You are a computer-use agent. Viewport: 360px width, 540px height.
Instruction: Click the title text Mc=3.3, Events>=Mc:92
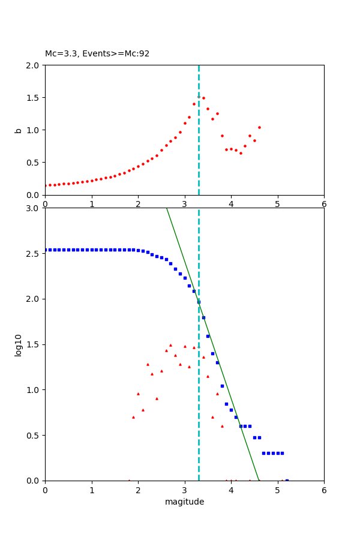pyautogui.click(x=97, y=54)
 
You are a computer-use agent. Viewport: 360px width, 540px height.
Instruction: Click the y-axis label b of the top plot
pyautogui.click(x=19, y=130)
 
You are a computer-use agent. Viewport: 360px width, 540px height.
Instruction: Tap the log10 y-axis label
pyautogui.click(x=19, y=344)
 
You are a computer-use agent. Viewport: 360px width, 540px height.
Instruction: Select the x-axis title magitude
pyautogui.click(x=184, y=502)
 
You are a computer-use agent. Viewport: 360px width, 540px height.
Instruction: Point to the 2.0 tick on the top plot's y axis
pyautogui.click(x=34, y=65)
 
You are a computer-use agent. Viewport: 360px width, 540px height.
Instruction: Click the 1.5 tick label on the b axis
pyautogui.click(x=34, y=98)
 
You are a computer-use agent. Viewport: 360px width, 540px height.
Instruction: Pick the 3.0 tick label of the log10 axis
pyautogui.click(x=34, y=208)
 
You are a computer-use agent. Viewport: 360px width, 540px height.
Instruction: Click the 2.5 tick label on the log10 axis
pyautogui.click(x=34, y=254)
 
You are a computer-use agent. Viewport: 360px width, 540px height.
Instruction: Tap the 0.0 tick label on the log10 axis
pyautogui.click(x=34, y=481)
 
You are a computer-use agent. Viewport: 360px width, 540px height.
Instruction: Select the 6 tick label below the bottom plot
pyautogui.click(x=324, y=490)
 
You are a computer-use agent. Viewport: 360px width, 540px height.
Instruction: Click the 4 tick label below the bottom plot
pyautogui.click(x=231, y=490)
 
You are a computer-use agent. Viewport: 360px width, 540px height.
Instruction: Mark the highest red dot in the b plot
pyautogui.click(x=199, y=97)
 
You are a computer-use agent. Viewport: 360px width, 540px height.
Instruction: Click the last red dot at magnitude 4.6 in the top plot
pyautogui.click(x=259, y=127)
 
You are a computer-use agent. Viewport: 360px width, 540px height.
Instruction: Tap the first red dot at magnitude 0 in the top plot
pyautogui.click(x=45, y=185)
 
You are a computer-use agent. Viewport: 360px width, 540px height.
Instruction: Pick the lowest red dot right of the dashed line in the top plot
pyautogui.click(x=241, y=153)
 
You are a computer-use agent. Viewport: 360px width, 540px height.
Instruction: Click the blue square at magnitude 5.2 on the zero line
pyautogui.click(x=287, y=481)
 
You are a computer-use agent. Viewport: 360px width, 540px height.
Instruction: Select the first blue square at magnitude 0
pyautogui.click(x=46, y=250)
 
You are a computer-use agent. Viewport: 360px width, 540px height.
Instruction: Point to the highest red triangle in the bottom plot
pyautogui.click(x=170, y=345)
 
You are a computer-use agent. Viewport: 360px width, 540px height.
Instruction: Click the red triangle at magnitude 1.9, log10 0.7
pyautogui.click(x=133, y=417)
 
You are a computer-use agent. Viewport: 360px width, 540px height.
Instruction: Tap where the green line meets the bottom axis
pyautogui.click(x=259, y=480)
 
